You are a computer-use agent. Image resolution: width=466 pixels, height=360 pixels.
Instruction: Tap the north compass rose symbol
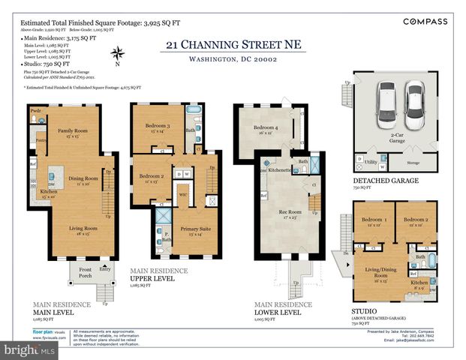pyautogui.click(x=117, y=53)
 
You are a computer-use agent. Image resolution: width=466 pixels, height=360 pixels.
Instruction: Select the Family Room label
pyautogui.click(x=74, y=131)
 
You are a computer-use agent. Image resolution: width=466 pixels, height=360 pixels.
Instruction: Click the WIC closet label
pyautogui.click(x=182, y=194)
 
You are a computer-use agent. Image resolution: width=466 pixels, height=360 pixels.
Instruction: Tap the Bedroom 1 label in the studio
pyautogui.click(x=373, y=220)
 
